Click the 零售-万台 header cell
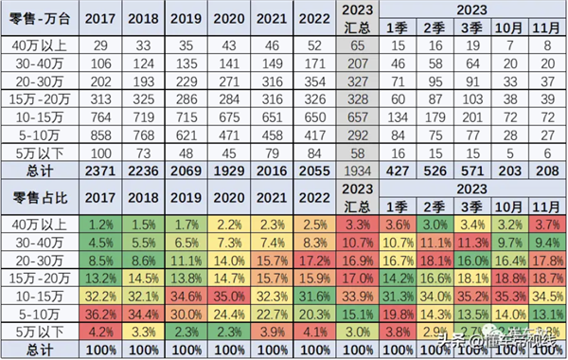click(x=40, y=19)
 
